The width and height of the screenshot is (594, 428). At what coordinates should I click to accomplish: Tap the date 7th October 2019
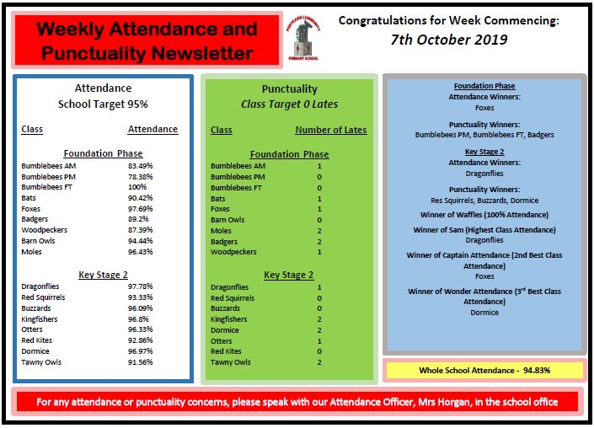[x=449, y=40]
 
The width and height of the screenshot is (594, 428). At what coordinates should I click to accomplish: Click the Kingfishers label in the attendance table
[x=40, y=318]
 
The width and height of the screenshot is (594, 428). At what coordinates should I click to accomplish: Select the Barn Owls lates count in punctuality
[x=319, y=220]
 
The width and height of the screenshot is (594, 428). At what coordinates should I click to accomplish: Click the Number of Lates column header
[x=330, y=130]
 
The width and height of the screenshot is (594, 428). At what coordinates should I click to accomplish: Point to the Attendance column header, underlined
[x=153, y=129]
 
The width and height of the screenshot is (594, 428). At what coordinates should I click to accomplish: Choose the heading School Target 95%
[x=103, y=104]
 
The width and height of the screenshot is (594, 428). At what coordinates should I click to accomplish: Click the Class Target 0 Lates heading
[x=289, y=104]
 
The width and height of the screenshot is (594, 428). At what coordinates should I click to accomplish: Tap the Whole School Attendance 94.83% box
[x=483, y=370]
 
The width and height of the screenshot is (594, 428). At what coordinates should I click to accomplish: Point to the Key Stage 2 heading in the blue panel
[x=484, y=151]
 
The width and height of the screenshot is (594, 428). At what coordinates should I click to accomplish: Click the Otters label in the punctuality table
[x=221, y=341]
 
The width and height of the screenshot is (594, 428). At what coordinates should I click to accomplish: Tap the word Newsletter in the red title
[x=203, y=53]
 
